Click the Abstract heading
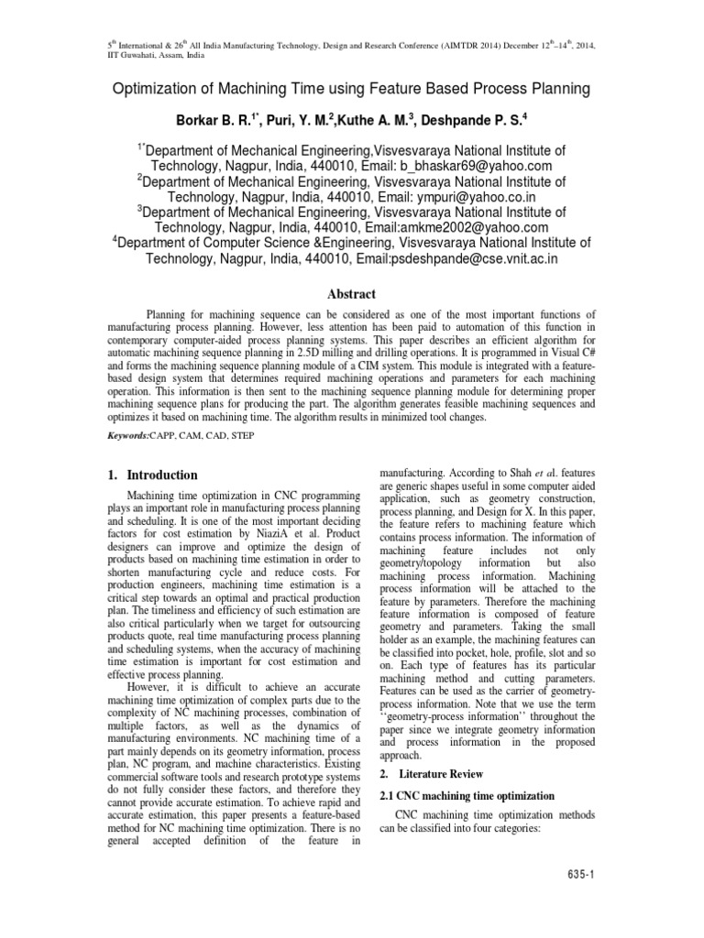tap(352, 294)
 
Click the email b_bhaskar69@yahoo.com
tap(476, 166)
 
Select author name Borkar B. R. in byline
tap(220, 119)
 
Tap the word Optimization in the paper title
tap(156, 89)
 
